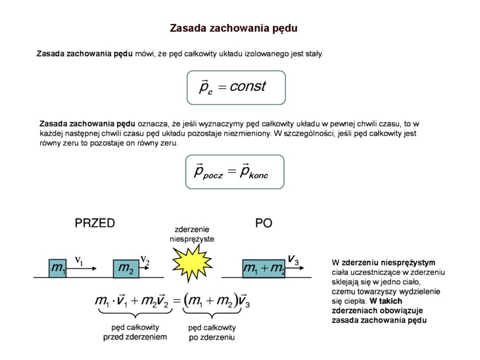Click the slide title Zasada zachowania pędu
(x=234, y=28)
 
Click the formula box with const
(x=236, y=87)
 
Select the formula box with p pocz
(x=236, y=171)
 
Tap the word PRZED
(x=95, y=223)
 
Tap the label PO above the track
(x=263, y=223)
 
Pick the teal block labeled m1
(x=59, y=268)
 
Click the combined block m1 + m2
(x=263, y=268)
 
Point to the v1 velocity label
(x=80, y=260)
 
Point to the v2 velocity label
(x=145, y=260)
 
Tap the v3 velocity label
(x=294, y=258)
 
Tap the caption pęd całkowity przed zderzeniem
(x=135, y=332)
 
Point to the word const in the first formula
(x=248, y=87)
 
